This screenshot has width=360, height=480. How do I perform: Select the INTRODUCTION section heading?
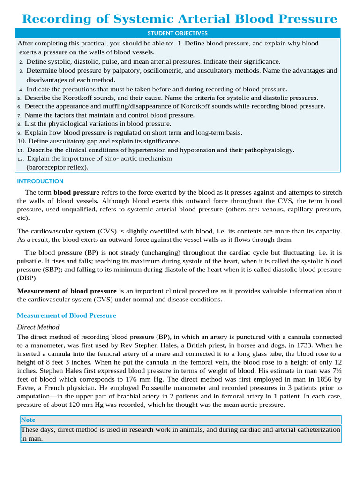40,181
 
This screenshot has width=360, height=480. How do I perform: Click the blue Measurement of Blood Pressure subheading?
66,315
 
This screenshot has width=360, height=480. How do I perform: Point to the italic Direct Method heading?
38,327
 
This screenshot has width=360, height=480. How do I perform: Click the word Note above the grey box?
28,420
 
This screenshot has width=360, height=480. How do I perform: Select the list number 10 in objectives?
22,141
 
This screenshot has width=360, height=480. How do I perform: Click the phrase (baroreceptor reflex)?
57,167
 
